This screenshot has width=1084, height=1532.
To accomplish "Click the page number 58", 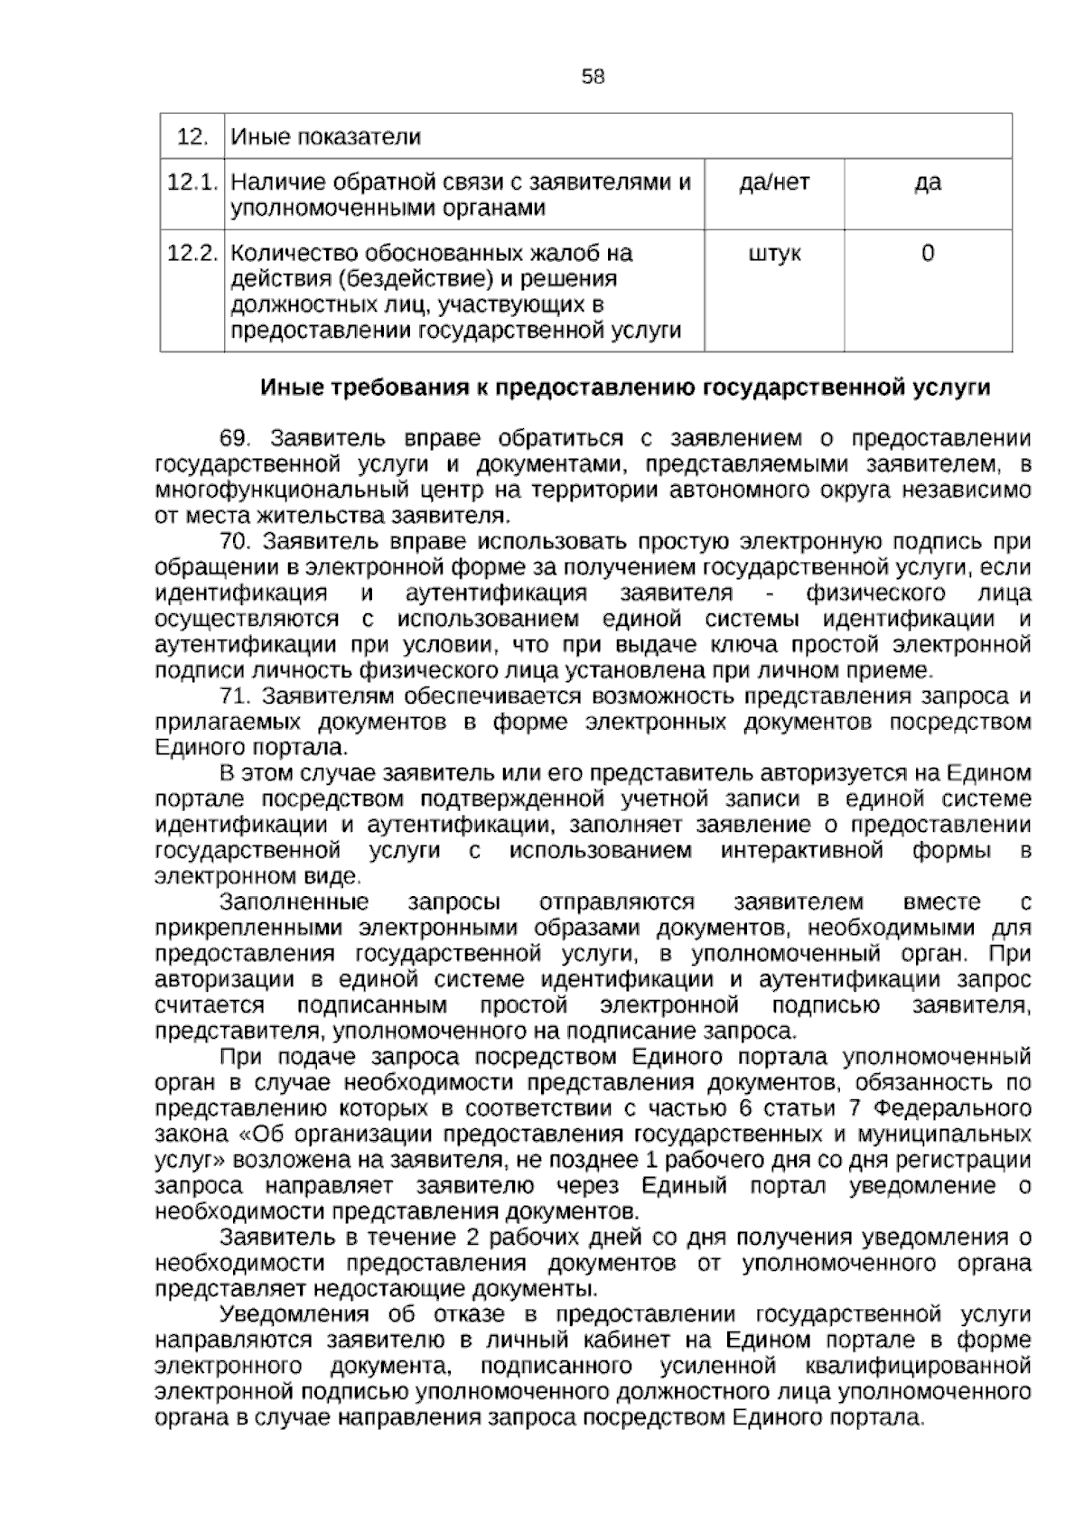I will click(x=593, y=77).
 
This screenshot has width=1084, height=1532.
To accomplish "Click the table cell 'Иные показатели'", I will click(x=326, y=137).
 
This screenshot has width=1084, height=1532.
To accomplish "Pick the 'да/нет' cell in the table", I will click(x=774, y=182).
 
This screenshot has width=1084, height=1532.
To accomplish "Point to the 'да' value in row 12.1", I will click(x=928, y=182).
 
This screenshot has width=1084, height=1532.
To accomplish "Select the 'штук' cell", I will click(x=774, y=253).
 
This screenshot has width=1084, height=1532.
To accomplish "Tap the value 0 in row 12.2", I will click(x=928, y=253).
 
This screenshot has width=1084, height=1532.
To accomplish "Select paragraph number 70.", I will click(x=235, y=542).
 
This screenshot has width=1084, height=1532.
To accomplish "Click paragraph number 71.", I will click(x=235, y=697).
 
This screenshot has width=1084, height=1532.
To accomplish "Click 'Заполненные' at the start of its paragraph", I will click(x=294, y=902).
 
